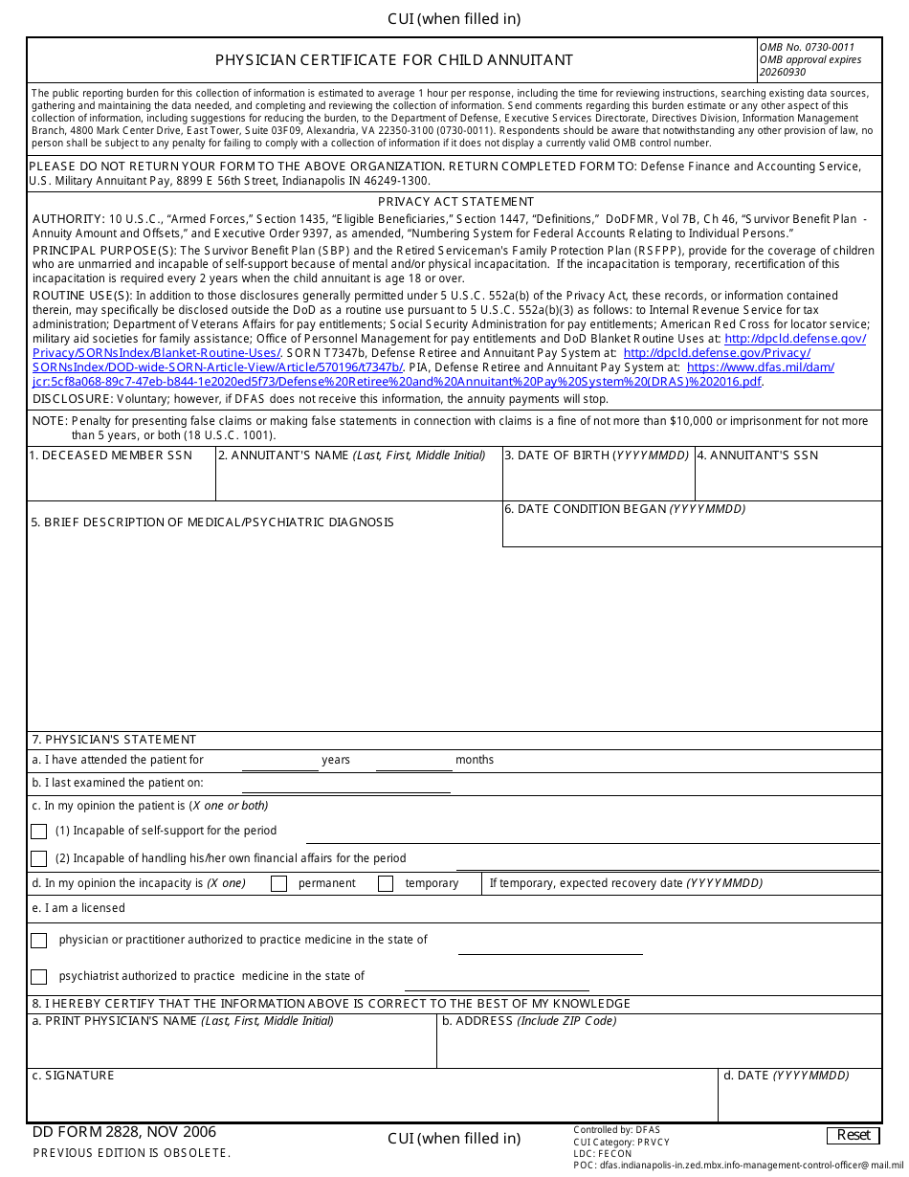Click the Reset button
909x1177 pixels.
(853, 1135)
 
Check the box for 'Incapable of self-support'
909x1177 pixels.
(38, 832)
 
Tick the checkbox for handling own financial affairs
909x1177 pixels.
(38, 859)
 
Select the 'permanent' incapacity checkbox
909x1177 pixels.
(278, 884)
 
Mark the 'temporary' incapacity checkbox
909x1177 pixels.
(386, 884)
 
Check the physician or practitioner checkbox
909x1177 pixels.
(38, 941)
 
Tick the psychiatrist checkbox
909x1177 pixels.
(38, 977)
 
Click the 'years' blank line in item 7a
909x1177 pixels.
(279, 763)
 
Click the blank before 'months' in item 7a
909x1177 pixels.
(413, 763)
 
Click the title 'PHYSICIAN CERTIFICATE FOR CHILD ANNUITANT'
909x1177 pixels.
(393, 60)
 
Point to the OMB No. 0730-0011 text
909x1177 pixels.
(807, 47)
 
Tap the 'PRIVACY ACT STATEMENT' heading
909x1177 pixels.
(455, 202)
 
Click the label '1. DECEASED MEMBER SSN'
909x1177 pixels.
(110, 455)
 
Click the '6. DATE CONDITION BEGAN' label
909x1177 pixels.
(625, 509)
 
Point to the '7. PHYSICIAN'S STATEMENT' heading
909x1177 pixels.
(114, 740)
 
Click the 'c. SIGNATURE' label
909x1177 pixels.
(73, 1076)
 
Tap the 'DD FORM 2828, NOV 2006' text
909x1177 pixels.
(124, 1132)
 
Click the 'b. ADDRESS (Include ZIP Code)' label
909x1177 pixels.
(529, 1021)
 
